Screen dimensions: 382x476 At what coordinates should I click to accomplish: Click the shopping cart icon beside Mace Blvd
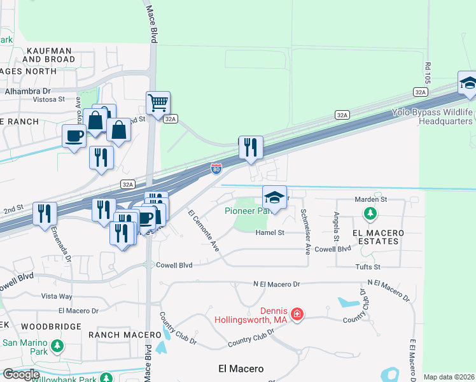(x=158, y=102)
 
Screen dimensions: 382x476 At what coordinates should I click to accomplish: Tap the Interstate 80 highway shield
(x=216, y=169)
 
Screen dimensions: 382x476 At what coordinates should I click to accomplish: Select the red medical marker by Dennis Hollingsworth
(x=296, y=314)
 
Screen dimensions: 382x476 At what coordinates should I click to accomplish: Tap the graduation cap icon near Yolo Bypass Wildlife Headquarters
(x=468, y=83)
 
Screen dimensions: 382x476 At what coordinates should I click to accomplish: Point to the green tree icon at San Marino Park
(x=57, y=346)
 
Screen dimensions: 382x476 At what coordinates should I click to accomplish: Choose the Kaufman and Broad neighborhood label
(x=50, y=54)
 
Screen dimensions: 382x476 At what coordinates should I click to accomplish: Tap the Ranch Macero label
(x=125, y=335)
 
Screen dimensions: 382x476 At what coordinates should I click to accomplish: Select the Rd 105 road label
(x=428, y=71)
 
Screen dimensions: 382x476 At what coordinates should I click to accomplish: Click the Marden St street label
(x=370, y=199)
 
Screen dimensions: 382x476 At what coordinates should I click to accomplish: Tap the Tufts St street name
(x=368, y=267)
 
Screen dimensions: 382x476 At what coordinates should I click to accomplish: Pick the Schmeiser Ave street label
(x=305, y=232)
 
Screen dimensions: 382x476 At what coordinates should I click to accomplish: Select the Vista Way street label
(x=57, y=296)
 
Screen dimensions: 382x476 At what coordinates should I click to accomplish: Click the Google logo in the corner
(x=20, y=374)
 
